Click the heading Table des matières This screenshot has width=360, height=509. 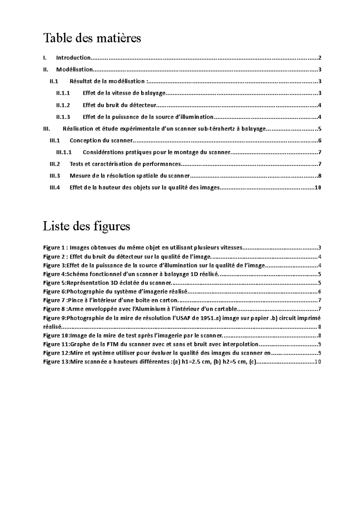pyautogui.click(x=92, y=38)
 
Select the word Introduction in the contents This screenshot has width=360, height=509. pyautogui.click(x=73, y=58)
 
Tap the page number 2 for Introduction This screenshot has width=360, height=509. pyautogui.click(x=320, y=58)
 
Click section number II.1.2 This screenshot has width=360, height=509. pyautogui.click(x=63, y=105)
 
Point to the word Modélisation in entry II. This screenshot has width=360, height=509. pyautogui.click(x=74, y=70)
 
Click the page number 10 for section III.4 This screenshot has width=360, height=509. pyautogui.click(x=318, y=188)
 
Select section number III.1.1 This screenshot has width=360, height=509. pyautogui.click(x=64, y=152)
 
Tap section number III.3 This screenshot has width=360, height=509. pyautogui.click(x=55, y=176)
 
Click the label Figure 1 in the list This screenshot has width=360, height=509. pyautogui.click(x=54, y=248)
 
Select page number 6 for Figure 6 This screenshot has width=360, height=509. pyautogui.click(x=320, y=292)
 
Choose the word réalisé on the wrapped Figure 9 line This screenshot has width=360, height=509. pyautogui.click(x=52, y=327)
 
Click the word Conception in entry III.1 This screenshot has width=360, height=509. pyautogui.click(x=83, y=141)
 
